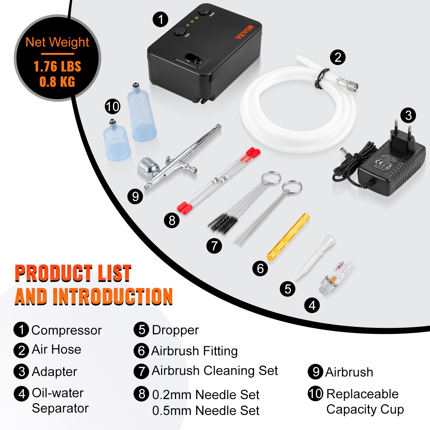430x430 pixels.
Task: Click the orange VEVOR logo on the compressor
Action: [245, 32]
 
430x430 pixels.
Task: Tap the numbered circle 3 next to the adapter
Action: [408, 115]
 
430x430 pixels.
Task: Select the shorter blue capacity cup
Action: [117, 142]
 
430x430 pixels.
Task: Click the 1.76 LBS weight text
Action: [57, 66]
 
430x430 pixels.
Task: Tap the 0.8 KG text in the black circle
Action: [57, 82]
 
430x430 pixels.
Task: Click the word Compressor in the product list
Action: [66, 330]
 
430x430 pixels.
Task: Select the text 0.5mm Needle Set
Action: [206, 411]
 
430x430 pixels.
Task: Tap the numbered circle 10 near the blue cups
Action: [112, 106]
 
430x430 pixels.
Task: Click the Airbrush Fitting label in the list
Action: [194, 351]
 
